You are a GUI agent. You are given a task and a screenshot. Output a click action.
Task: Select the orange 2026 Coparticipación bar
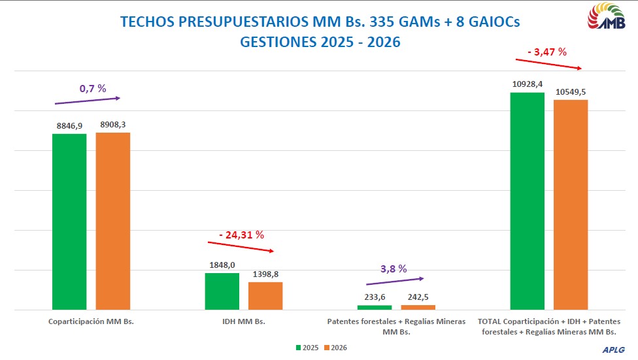(x=113, y=220)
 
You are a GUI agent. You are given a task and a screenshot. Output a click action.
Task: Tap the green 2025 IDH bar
(x=222, y=291)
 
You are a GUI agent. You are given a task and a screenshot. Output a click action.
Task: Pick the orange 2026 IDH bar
(x=265, y=295)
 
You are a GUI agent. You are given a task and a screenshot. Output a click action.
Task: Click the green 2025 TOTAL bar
(x=527, y=201)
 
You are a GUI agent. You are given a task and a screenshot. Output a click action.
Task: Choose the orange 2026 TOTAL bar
(x=571, y=204)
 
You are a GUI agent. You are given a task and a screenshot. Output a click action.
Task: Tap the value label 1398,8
(x=265, y=274)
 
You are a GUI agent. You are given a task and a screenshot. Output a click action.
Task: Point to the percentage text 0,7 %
(x=93, y=88)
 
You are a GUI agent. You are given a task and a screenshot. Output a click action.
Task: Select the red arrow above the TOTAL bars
(x=548, y=64)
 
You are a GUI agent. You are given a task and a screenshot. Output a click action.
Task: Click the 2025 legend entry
(x=307, y=348)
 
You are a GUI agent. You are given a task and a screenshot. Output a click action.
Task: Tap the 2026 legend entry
(x=335, y=348)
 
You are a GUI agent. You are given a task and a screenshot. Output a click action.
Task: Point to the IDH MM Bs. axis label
(x=243, y=321)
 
